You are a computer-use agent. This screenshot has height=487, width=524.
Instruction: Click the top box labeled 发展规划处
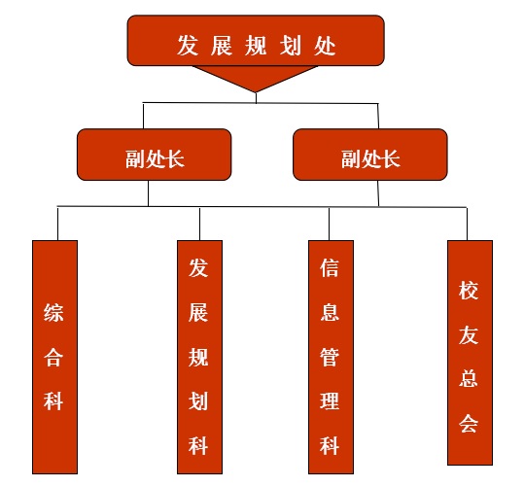click(x=256, y=40)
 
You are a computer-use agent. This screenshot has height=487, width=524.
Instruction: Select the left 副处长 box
click(x=154, y=155)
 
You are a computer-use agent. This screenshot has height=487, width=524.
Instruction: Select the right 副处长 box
click(x=370, y=155)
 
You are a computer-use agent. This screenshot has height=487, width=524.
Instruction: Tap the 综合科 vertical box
click(x=54, y=357)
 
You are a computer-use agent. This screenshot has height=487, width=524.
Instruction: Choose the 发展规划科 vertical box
click(x=199, y=357)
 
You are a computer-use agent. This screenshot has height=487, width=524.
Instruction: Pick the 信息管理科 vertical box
click(x=331, y=357)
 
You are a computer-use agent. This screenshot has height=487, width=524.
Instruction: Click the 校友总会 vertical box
click(x=470, y=352)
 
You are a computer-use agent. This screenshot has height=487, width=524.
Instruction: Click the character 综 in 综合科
click(x=53, y=313)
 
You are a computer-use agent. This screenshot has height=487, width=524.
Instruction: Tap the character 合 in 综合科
click(x=53, y=357)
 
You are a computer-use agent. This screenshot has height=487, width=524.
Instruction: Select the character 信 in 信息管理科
click(x=330, y=267)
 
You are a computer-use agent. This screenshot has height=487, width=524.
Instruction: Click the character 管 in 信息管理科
click(x=330, y=357)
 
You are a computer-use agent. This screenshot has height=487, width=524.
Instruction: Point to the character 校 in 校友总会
click(x=469, y=290)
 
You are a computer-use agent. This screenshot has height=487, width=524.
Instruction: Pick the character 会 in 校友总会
click(x=469, y=424)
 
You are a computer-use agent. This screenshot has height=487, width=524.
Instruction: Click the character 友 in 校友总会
click(x=469, y=334)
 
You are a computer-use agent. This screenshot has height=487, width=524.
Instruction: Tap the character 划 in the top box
click(x=291, y=45)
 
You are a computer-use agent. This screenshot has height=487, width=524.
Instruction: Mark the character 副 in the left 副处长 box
click(x=135, y=158)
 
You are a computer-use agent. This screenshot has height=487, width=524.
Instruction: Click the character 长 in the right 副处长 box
click(x=391, y=158)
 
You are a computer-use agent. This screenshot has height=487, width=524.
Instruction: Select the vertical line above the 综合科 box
click(x=57, y=224)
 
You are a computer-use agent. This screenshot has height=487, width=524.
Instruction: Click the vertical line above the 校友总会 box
click(x=467, y=224)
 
